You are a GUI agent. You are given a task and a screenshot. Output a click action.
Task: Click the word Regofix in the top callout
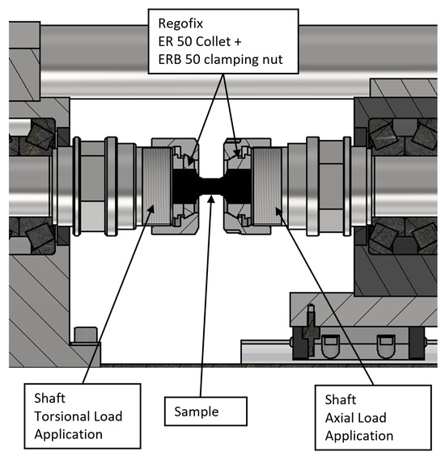point(180,23)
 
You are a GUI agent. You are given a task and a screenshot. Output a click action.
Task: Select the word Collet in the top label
point(214,41)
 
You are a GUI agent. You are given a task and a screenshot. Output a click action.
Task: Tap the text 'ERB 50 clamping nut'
point(220,60)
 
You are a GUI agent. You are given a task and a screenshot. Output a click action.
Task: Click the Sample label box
point(206,412)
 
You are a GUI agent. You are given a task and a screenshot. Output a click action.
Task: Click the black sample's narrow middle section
point(212,186)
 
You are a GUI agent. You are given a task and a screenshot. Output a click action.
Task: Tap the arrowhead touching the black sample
point(211,199)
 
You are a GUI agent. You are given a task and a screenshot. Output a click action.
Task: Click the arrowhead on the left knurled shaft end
point(150,209)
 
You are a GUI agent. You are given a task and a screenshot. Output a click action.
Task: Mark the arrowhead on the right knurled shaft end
point(279,211)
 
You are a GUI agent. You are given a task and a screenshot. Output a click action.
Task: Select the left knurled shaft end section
point(157,186)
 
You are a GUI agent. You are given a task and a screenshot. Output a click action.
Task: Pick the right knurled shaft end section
point(267,186)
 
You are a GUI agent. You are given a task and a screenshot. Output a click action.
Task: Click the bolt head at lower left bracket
point(86,335)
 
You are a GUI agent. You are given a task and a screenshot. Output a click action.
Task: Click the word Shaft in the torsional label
point(50,398)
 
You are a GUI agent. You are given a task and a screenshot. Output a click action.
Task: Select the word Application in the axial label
point(359,436)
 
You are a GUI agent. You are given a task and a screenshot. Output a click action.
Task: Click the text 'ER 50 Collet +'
point(200,41)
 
